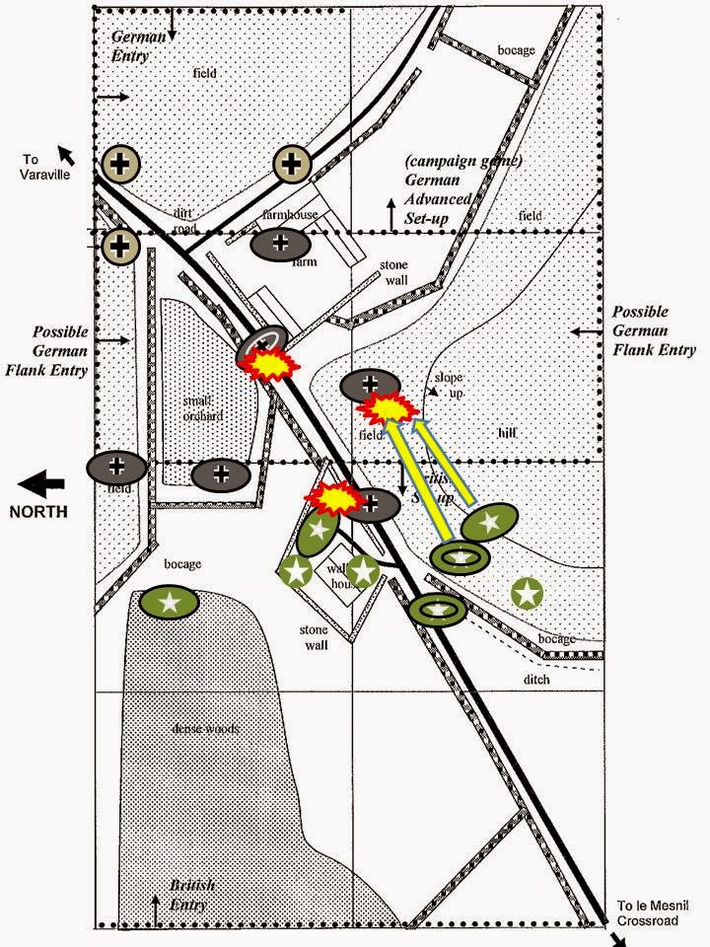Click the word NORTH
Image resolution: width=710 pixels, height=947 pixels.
coord(38,511)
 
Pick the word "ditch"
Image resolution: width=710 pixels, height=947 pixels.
coord(538,680)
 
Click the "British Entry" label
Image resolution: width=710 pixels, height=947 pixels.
coord(190,893)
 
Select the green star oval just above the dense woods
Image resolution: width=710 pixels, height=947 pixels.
coord(170,600)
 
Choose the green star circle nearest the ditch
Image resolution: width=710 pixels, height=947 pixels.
coord(528,593)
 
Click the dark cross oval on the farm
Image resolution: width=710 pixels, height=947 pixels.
coord(281,243)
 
